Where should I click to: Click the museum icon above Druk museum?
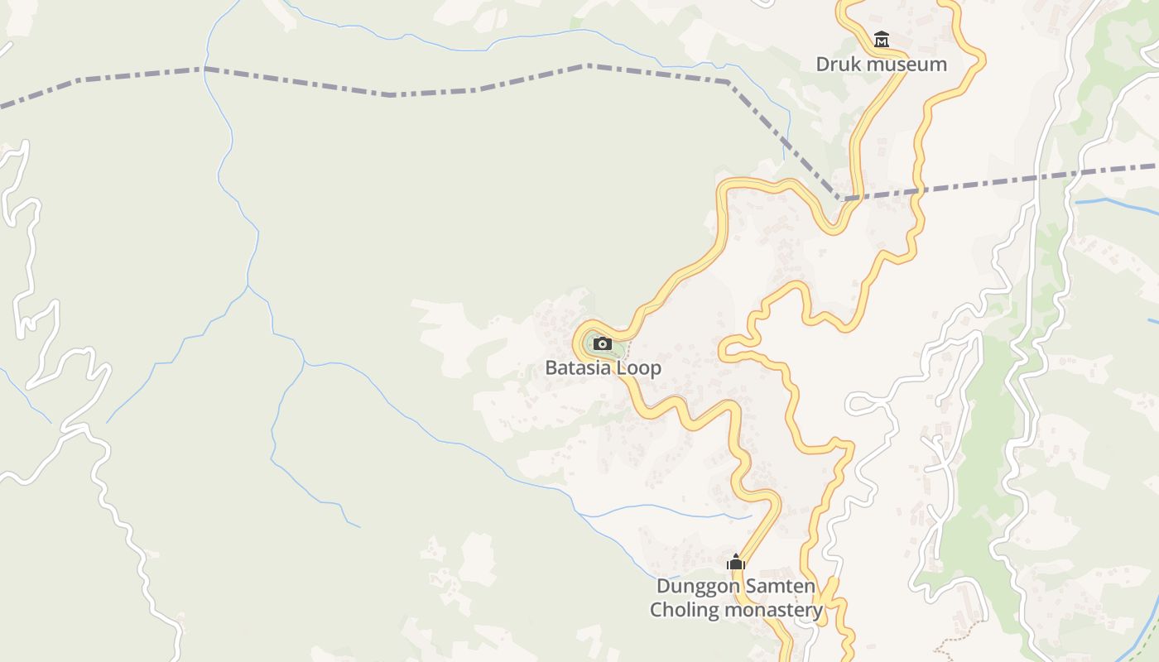(x=881, y=39)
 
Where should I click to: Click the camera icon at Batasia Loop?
(x=603, y=343)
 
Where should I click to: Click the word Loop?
(x=640, y=367)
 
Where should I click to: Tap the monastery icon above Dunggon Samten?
(x=736, y=563)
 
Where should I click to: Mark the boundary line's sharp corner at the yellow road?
(x=840, y=199)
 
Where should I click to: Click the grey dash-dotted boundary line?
(x=389, y=94)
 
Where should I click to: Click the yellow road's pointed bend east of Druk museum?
(x=983, y=58)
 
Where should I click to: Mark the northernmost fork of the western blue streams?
(x=248, y=286)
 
